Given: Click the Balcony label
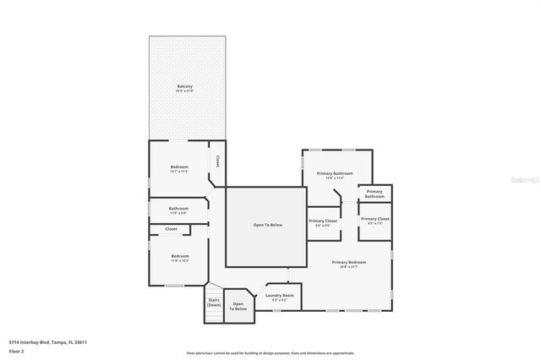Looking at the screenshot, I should (x=184, y=86).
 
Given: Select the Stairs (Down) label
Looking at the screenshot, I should (x=214, y=302).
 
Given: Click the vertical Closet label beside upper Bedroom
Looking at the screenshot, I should (x=217, y=160).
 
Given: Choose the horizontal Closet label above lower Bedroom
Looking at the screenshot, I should (x=171, y=229).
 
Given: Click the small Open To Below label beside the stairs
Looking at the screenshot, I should (x=240, y=306).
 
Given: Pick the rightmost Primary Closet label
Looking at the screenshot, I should (x=374, y=219).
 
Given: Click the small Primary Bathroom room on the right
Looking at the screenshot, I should (x=374, y=194).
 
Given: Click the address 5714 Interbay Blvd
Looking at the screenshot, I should (x=48, y=342).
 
